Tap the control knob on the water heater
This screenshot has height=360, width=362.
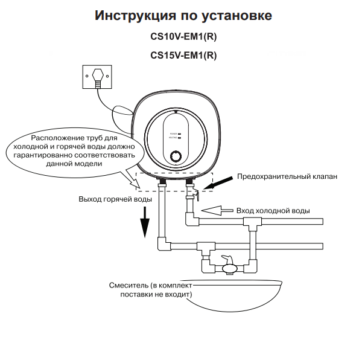click(176, 155)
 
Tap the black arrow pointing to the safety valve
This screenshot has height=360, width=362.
click(222, 180)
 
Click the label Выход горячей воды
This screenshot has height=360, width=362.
click(115, 199)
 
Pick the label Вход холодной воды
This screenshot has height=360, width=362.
click(273, 211)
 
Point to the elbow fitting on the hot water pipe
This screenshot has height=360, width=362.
click(162, 245)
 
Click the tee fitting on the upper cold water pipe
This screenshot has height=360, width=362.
click(250, 223)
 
